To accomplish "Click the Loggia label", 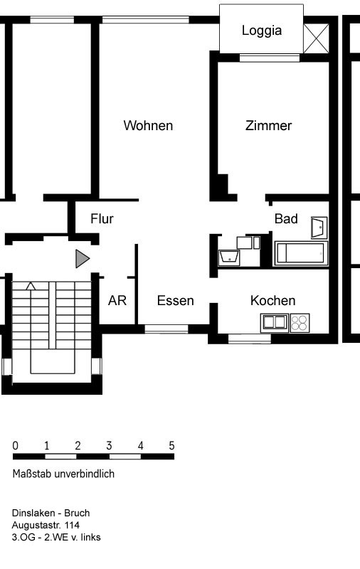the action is tap(262, 31).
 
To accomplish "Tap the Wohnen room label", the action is tap(148, 126).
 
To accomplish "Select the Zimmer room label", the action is tap(268, 126).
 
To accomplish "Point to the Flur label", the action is tap(102, 219).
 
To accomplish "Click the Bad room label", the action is tap(286, 219).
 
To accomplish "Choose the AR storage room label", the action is tap(117, 300).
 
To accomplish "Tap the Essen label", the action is tap(175, 300).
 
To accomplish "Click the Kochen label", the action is tap(273, 300).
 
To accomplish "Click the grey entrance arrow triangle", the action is tap(82, 259).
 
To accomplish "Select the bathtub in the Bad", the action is tap(300, 253).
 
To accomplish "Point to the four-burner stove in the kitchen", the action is tap(300, 323).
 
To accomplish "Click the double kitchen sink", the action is tap(275, 323).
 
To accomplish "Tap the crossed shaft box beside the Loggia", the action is tap(316, 38).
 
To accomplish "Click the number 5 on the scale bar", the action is tap(171, 446).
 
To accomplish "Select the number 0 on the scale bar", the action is tap(15, 446).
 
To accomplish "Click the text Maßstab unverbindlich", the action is tap(63, 474).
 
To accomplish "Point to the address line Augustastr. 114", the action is tap(46, 525).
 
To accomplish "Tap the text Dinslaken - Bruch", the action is tap(51, 513).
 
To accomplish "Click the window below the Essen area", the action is tap(166, 329).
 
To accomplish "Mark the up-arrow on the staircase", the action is tap(31, 286).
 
